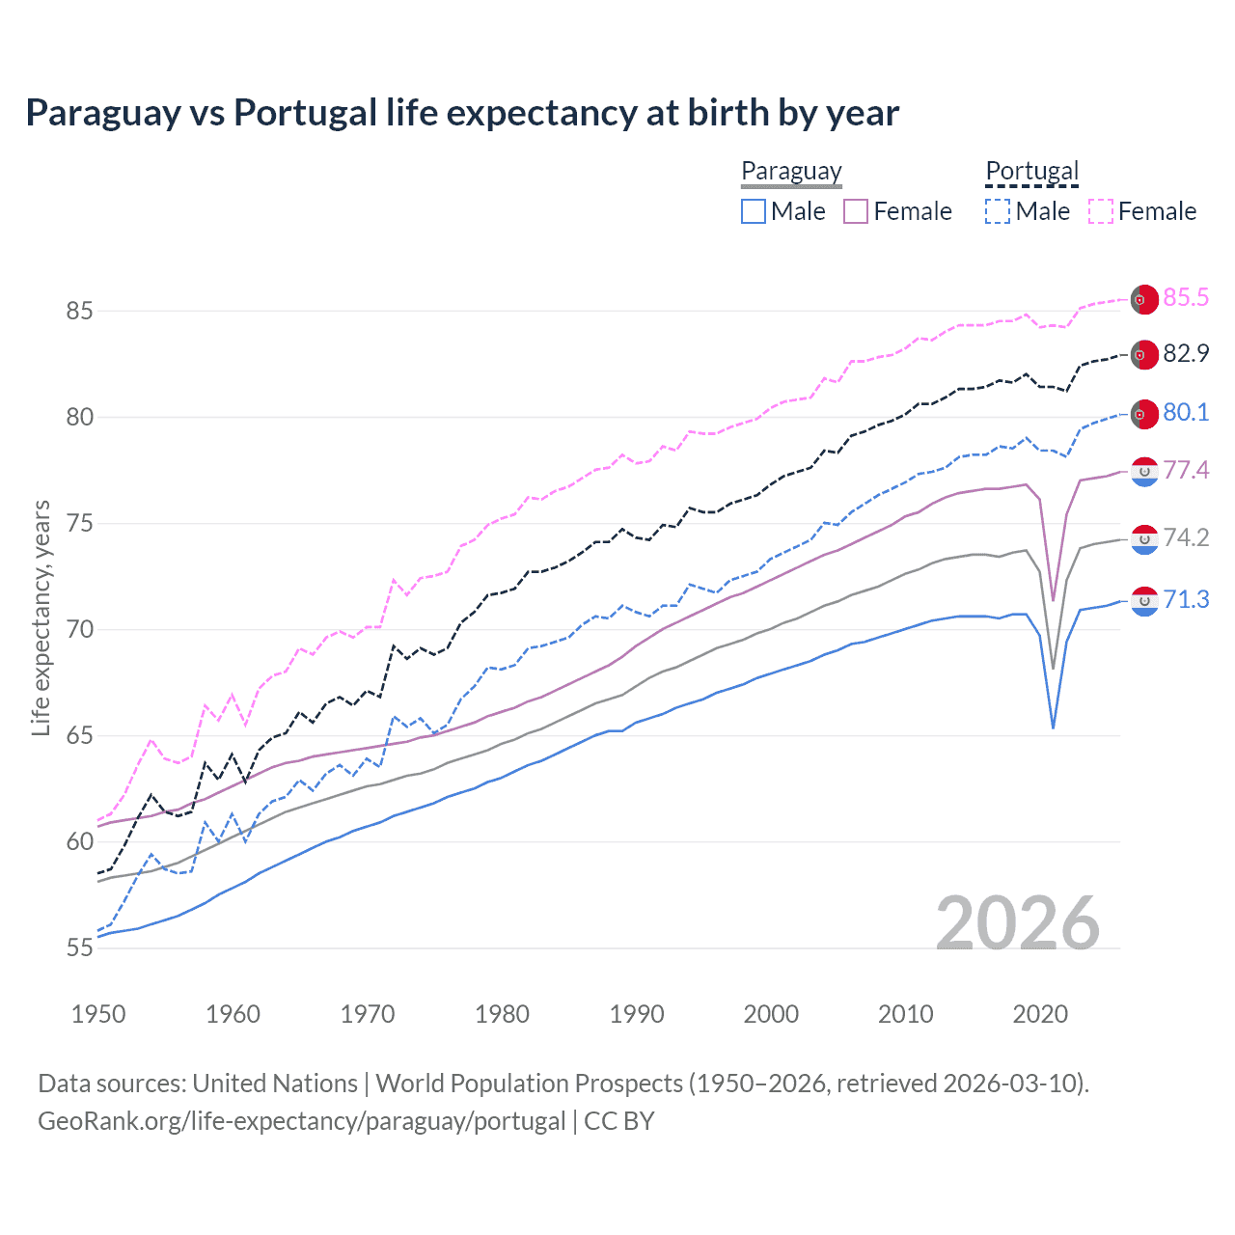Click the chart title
462,113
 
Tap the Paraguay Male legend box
754,211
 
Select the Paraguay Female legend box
856,211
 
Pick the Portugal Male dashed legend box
998,211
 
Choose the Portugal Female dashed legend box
1101,211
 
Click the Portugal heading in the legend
1031,171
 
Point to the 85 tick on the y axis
79,311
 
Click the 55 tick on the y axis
79,947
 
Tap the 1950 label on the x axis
98,1014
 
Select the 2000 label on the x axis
771,1014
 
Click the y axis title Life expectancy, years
41,617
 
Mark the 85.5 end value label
1186,297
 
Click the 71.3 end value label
1186,599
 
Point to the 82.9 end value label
1186,353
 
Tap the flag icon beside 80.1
1144,413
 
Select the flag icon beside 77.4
1144,471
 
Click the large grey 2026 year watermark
1018,923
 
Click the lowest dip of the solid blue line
1053,727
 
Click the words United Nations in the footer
275,1084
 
